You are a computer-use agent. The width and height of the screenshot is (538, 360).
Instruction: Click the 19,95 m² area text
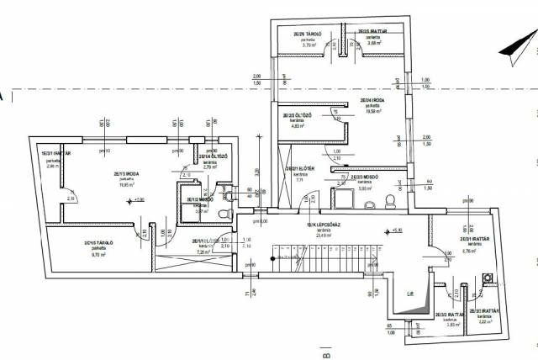[x=126, y=187]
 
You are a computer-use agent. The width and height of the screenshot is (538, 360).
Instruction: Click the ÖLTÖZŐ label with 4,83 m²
[x=293, y=115]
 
